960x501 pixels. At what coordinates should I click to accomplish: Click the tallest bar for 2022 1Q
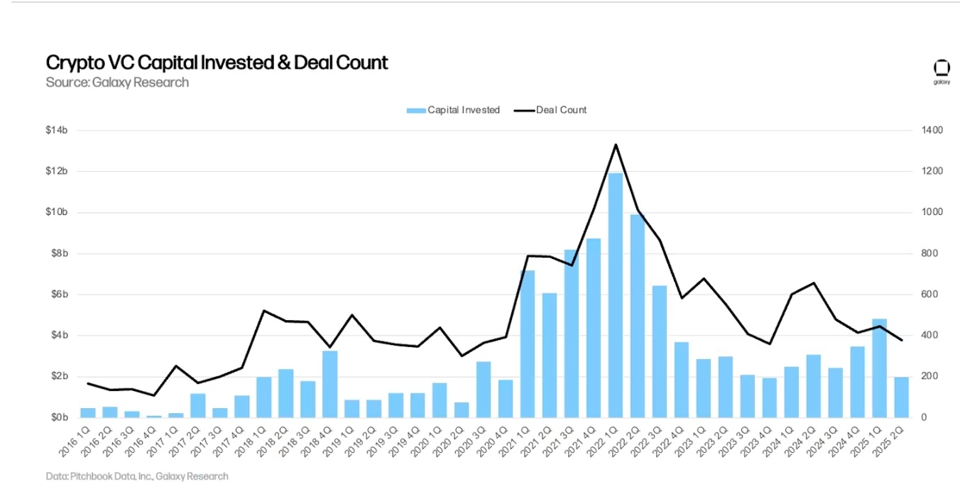pyautogui.click(x=616, y=294)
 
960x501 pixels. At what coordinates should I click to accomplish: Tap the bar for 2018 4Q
pyautogui.click(x=329, y=383)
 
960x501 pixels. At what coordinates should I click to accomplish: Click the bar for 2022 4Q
pyautogui.click(x=682, y=379)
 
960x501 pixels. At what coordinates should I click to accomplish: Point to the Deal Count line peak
pyautogui.click(x=616, y=145)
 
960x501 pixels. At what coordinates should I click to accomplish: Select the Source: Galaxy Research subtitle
pyautogui.click(x=117, y=82)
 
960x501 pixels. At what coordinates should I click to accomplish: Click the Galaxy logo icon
pyautogui.click(x=942, y=68)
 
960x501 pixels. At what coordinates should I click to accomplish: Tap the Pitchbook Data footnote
pyautogui.click(x=137, y=476)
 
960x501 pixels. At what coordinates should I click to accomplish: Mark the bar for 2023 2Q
pyautogui.click(x=725, y=386)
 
